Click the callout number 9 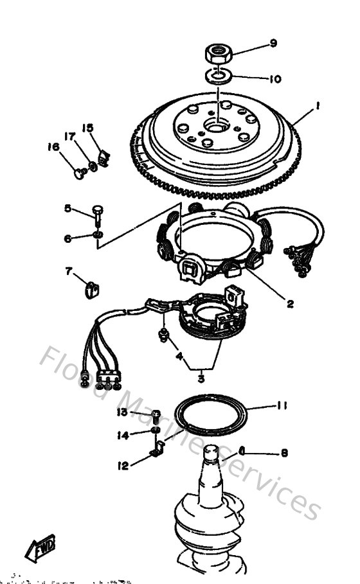tap(273, 44)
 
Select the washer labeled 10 tap(219, 76)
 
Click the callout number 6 tap(67, 239)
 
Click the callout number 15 tap(87, 128)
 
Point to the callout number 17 tap(70, 136)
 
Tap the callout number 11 tap(282, 405)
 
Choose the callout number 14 tap(123, 435)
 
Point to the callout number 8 tap(283, 452)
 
